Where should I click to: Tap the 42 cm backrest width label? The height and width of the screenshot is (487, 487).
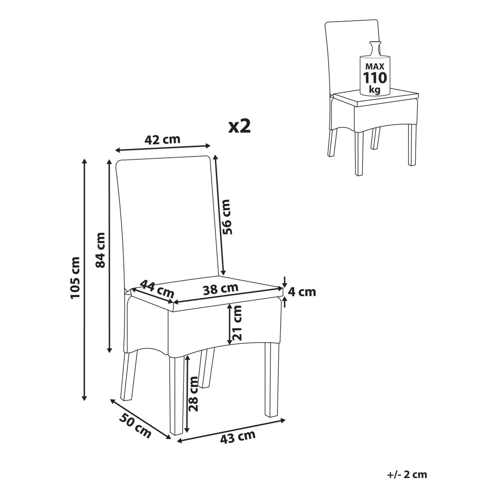click(x=162, y=140)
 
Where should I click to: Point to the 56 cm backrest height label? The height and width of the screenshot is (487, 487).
click(x=226, y=217)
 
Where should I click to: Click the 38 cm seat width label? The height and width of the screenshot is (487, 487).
click(x=221, y=289)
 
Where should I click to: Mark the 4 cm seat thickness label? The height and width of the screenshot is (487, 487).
click(x=302, y=292)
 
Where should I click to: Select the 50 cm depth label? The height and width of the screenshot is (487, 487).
click(x=135, y=427)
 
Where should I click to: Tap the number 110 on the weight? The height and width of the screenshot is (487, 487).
click(x=375, y=78)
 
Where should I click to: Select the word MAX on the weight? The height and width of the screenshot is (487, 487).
click(x=375, y=67)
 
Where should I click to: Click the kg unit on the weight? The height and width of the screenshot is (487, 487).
click(x=375, y=90)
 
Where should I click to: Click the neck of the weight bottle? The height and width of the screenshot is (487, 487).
click(x=375, y=49)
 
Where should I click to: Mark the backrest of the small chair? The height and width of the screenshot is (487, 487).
click(x=353, y=58)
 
